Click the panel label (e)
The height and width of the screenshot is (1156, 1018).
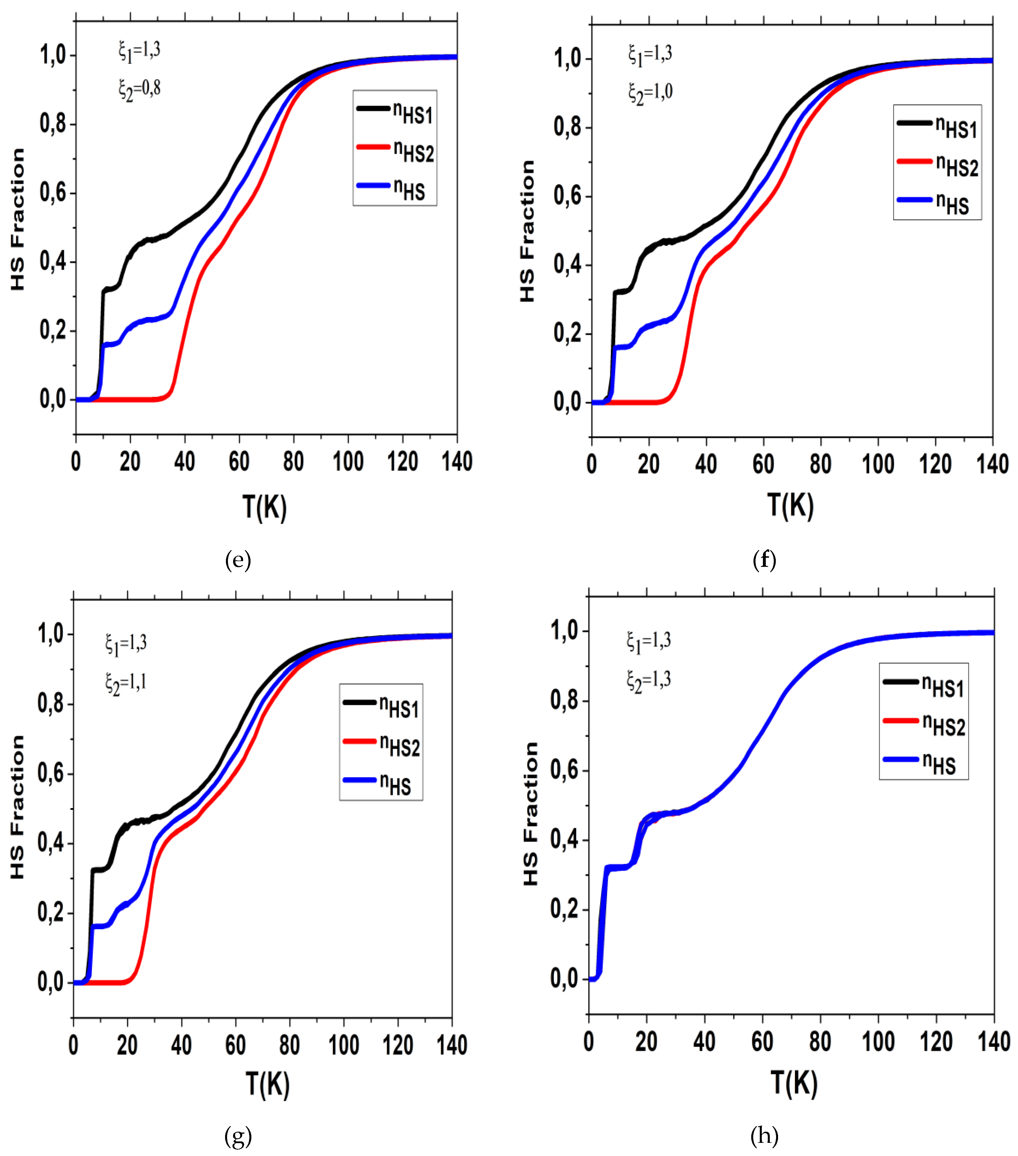(x=237, y=561)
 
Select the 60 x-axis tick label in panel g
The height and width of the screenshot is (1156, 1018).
(x=235, y=1045)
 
